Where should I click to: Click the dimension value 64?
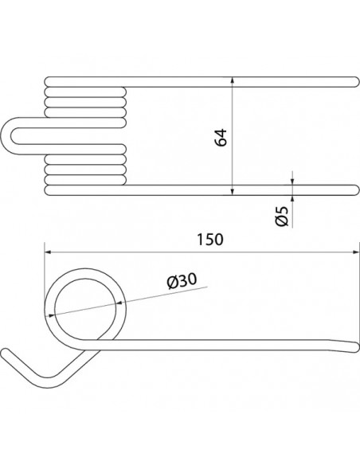[x=221, y=135]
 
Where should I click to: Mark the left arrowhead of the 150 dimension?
[x=49, y=250]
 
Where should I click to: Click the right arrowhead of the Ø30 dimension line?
[x=121, y=300]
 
